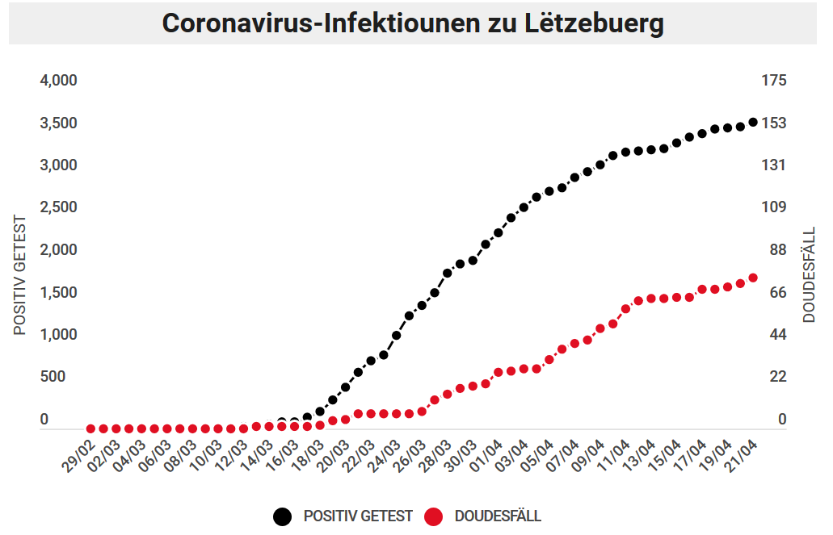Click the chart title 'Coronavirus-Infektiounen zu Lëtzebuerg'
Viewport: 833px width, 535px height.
413,23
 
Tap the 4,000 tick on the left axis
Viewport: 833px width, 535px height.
58,81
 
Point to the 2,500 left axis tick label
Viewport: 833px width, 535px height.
58,207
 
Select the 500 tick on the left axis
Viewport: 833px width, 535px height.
53,377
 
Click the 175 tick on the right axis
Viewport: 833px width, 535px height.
773,81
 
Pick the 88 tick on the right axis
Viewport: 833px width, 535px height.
777,250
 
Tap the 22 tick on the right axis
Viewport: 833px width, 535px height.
777,377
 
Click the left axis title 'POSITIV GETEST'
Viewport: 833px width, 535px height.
20,275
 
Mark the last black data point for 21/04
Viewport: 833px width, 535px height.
753,123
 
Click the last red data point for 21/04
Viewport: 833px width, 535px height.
753,278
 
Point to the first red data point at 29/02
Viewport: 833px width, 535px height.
91,428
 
